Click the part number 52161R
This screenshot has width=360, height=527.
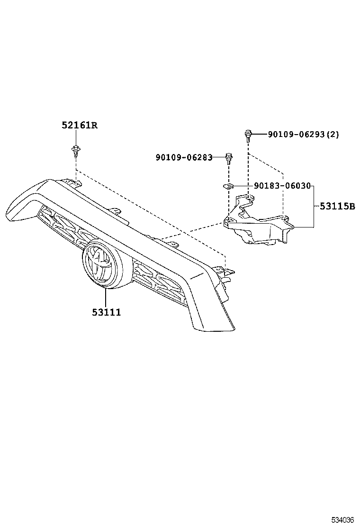pos(79,126)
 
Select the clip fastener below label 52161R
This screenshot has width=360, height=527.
pos(75,150)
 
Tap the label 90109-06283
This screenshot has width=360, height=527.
pos(183,157)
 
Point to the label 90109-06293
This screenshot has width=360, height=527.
pos(296,135)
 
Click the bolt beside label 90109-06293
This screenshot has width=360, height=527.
pos(247,135)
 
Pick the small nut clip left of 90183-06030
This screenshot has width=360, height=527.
pos(228,186)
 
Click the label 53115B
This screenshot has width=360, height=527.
pos(337,207)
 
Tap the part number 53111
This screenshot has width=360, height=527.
pos(106,312)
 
